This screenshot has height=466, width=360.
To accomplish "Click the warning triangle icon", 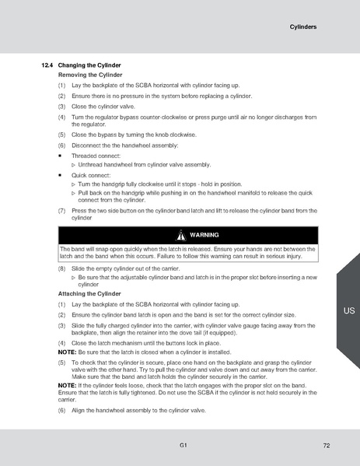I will click(180, 235).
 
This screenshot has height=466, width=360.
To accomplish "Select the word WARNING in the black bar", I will click(204, 235).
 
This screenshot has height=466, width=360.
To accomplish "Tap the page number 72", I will click(327, 445).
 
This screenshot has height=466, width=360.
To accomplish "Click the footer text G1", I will click(181, 445).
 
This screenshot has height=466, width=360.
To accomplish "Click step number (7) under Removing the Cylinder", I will click(61, 211).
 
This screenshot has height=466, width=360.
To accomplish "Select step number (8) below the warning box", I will click(61, 268).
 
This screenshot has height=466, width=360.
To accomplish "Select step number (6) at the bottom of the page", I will click(61, 409).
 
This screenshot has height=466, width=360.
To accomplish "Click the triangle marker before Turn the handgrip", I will click(73, 184).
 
